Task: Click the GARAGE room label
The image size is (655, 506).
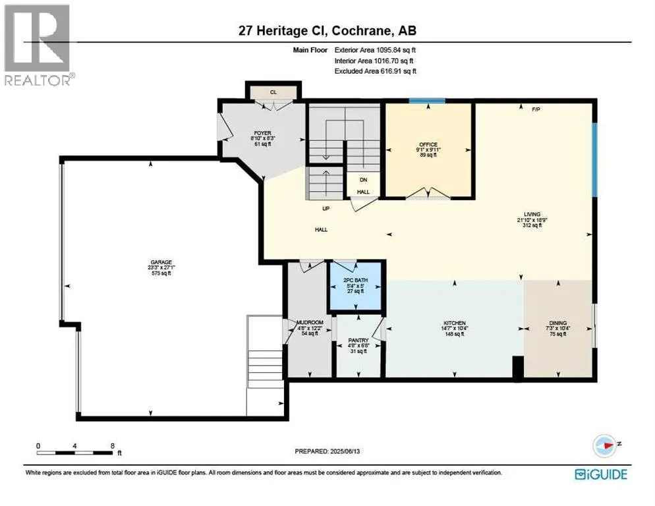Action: [159, 262]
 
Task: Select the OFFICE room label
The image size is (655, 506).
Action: [428, 144]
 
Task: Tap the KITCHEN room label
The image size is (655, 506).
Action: [454, 323]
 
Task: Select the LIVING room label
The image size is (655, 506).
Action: [532, 214]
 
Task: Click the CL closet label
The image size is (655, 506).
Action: [273, 92]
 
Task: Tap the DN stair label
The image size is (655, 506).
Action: [363, 180]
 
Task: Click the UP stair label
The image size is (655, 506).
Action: [326, 208]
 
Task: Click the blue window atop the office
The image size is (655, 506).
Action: [426, 101]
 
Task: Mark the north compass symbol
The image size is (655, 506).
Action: [604, 445]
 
